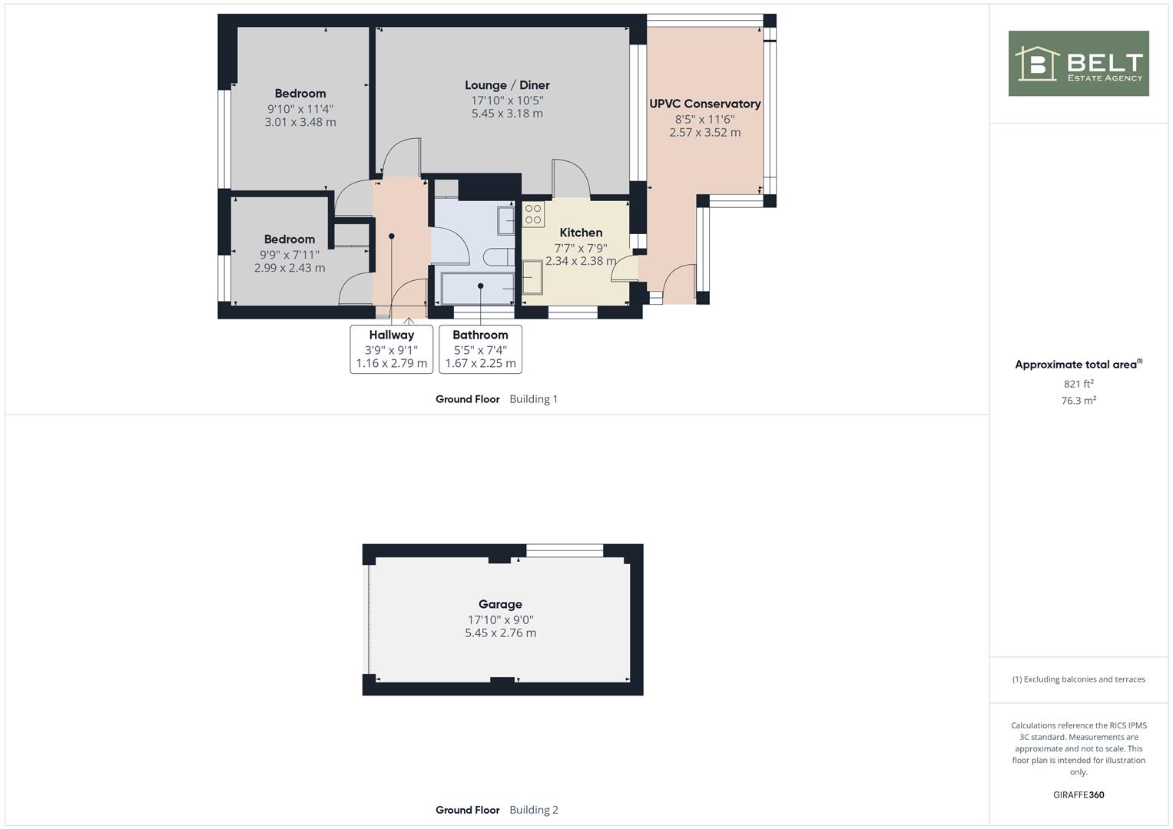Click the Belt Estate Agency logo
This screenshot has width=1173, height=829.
[x=1079, y=63]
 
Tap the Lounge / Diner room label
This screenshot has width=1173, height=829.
[x=507, y=85]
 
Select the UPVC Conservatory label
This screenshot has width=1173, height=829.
[x=705, y=104]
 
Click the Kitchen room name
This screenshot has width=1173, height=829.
[x=581, y=233]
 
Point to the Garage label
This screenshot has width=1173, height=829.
[x=500, y=604]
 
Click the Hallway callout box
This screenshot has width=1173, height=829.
[x=391, y=349]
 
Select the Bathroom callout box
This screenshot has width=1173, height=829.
[x=480, y=349]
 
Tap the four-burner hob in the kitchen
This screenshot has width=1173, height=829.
[x=533, y=214]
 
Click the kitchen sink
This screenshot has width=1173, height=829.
[x=532, y=277]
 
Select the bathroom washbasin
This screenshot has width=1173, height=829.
[x=506, y=220]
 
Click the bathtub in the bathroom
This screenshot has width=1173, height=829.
[x=478, y=288]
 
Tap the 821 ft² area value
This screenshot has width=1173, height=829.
[x=1079, y=384]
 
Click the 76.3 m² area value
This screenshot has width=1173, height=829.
[x=1079, y=401]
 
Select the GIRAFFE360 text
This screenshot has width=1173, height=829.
[x=1079, y=794]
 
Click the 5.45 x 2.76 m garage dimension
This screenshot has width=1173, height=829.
[x=500, y=632]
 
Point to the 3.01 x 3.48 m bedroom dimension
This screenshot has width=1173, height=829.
[x=300, y=122]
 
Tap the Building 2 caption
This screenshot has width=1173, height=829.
[x=534, y=810]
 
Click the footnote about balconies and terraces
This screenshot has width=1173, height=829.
[x=1079, y=679]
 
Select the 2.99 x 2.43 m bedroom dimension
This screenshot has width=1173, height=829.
[x=290, y=268]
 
